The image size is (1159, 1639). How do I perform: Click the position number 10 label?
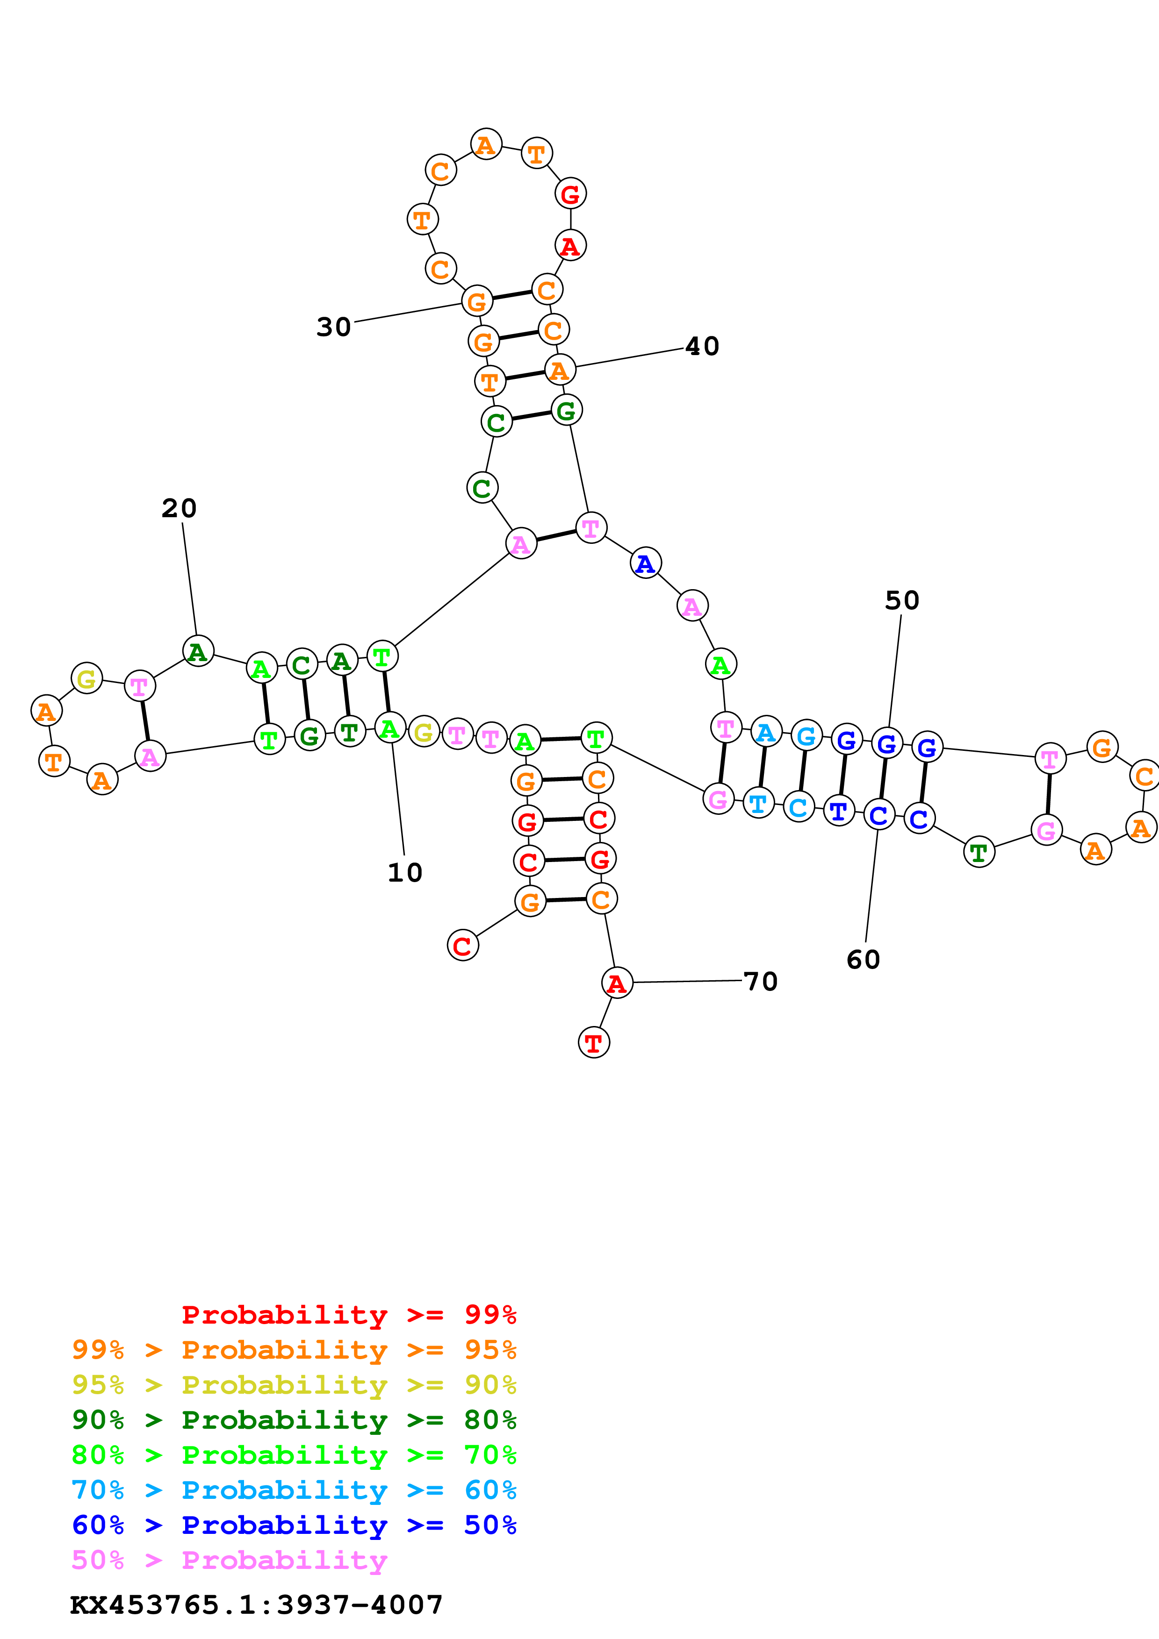point(405,872)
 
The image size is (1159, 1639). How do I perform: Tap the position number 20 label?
point(179,508)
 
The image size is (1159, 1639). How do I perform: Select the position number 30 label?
point(333,327)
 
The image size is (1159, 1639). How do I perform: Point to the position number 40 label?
point(702,346)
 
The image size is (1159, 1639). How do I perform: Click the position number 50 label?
point(902,600)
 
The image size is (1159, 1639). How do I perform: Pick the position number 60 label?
point(864,959)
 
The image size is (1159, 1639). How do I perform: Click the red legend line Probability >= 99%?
point(349,1314)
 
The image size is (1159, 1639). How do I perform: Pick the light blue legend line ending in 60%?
point(294,1490)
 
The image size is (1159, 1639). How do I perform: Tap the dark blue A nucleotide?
point(646,563)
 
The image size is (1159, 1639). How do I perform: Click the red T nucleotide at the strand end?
point(593,1043)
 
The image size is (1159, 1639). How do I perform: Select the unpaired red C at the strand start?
point(463,946)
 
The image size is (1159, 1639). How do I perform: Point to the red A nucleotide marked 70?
point(617,983)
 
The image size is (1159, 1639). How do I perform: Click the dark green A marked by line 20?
point(198,650)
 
